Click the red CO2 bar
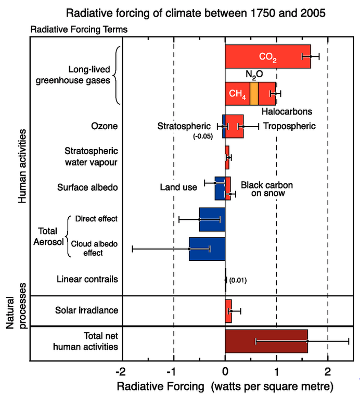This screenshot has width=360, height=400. [x=260, y=56]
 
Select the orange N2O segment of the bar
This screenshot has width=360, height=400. [x=254, y=94]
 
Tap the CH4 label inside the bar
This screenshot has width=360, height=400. [x=237, y=94]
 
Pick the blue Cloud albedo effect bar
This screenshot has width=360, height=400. [x=207, y=249]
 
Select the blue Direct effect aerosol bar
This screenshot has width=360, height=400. [x=212, y=219]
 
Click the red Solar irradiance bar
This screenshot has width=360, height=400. [x=228, y=311]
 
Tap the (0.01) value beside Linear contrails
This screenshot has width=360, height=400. [x=238, y=280]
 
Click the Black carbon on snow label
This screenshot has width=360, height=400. [x=266, y=189]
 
